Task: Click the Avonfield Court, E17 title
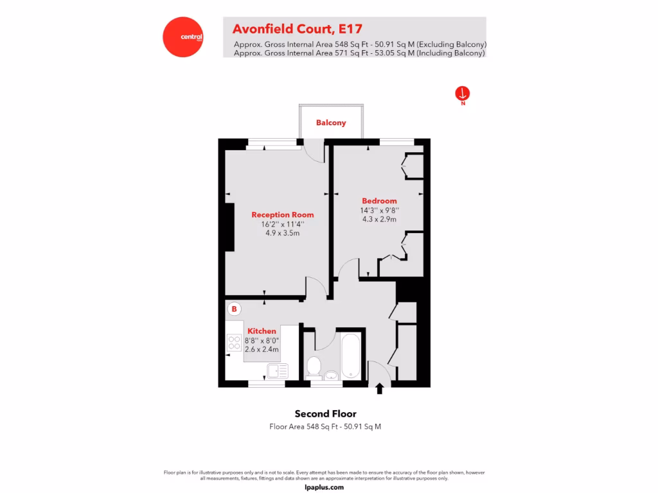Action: point(297,29)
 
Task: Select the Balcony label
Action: point(331,123)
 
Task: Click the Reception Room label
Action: point(283,214)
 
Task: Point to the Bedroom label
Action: point(379,201)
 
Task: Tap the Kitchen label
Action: point(262,331)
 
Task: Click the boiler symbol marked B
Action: point(235,309)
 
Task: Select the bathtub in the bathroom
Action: point(350,356)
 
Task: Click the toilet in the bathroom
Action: point(314,367)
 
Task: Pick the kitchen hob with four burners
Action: point(233,344)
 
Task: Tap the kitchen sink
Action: point(278,370)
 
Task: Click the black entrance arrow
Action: point(379,388)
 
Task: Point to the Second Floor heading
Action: point(325,413)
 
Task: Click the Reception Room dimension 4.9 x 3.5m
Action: point(283,233)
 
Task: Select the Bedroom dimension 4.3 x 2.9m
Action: point(379,219)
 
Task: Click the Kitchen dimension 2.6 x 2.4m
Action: point(262,349)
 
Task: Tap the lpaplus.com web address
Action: point(325,487)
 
